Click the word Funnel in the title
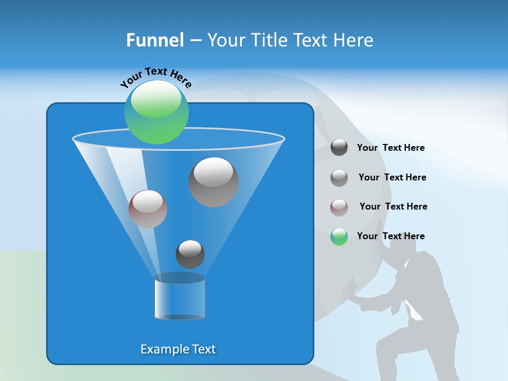(x=155, y=40)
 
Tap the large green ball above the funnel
(x=157, y=112)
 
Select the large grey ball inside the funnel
(x=213, y=182)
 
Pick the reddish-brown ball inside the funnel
(x=148, y=209)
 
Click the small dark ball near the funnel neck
(x=190, y=255)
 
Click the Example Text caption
(x=178, y=349)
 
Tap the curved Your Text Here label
(x=156, y=77)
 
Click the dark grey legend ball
(x=339, y=147)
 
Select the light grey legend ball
(x=339, y=178)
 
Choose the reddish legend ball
(x=339, y=207)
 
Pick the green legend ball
(x=339, y=237)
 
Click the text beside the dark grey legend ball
(x=391, y=148)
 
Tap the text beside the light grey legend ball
(x=392, y=177)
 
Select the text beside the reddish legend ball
(x=393, y=206)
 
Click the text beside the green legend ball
(x=391, y=236)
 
